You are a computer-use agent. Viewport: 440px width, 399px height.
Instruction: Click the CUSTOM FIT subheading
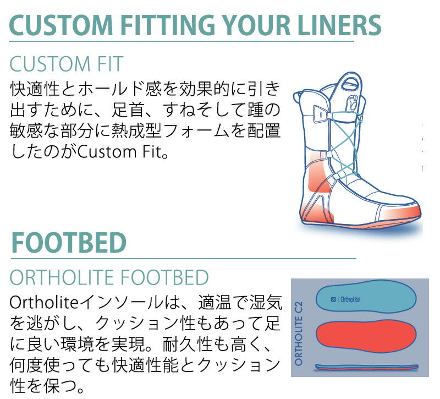pos(66,65)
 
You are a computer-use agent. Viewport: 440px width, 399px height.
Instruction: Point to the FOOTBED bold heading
pos(68,242)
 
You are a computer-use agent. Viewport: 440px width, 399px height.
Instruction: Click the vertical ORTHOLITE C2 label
pos(299,332)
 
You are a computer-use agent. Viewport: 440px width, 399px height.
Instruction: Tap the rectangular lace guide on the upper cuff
pos(317,114)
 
